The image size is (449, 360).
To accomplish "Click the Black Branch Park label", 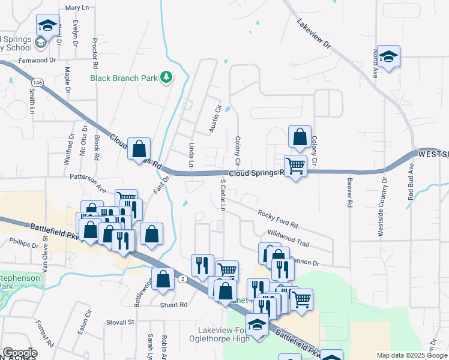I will tap(124, 77).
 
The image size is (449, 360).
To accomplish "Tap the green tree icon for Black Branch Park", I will tap(166, 77).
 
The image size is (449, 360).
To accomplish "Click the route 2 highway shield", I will tap(182, 280).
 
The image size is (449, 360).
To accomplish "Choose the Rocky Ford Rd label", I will tap(278, 219).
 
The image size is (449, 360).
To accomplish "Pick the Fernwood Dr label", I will tap(37, 60).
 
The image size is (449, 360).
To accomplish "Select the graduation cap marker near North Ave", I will tap(388, 57).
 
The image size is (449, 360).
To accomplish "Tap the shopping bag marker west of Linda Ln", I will tap(139, 149).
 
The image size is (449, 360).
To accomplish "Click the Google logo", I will tap(20, 353).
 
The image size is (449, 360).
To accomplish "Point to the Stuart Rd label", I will tap(173, 305).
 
